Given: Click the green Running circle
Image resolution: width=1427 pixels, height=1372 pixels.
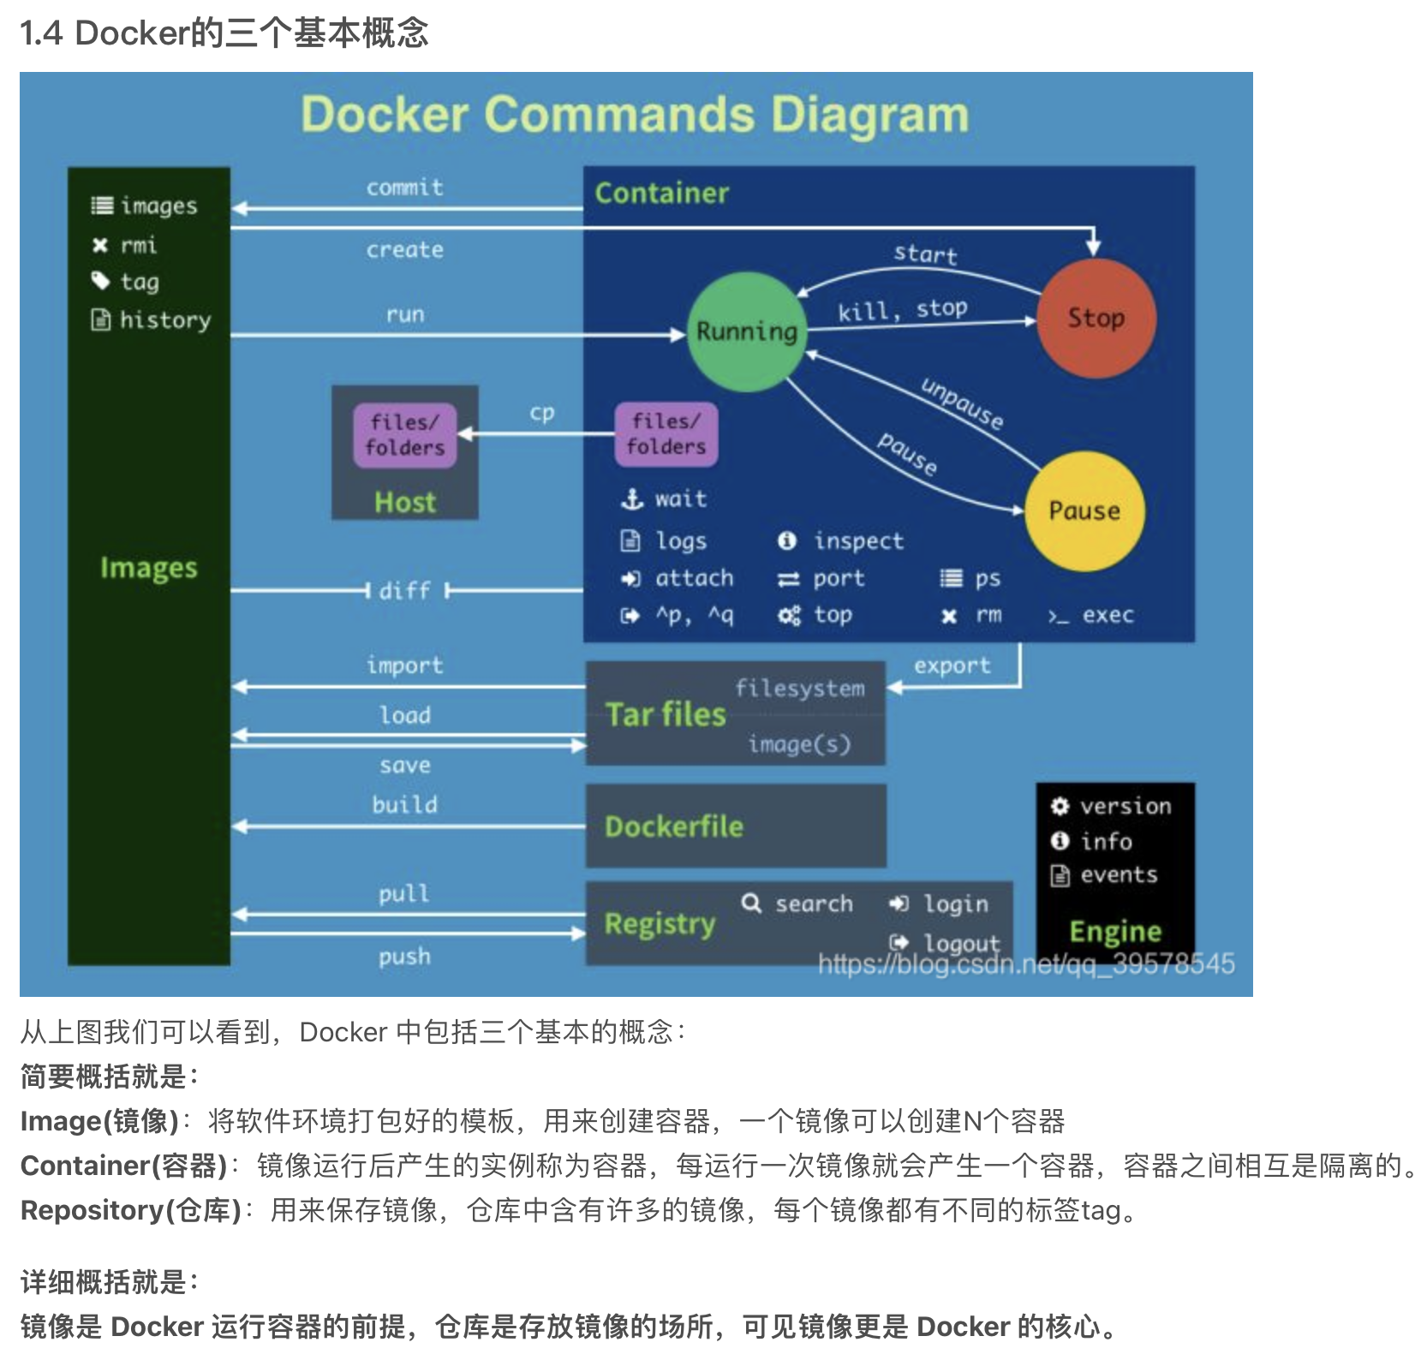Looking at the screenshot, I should pos(746,331).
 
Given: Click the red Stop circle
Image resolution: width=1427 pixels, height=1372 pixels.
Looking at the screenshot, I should pos(1096,318).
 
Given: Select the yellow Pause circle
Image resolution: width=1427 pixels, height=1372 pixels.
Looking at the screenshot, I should pos(1084,510).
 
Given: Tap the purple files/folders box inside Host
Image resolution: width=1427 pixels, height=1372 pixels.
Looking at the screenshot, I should pos(405,435).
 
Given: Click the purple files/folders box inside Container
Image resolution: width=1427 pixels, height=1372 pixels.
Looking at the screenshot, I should pos(666,434).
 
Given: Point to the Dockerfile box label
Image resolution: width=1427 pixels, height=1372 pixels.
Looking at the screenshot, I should pos(674,826).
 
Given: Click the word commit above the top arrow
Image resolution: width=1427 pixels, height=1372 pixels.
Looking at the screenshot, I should pos(404,188).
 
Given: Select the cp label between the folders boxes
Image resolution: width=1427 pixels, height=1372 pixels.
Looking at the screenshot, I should pos(541,413).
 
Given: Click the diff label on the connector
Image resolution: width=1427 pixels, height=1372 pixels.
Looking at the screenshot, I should pos(404,590).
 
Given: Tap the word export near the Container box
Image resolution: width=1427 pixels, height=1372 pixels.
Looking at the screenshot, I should pos(952,665).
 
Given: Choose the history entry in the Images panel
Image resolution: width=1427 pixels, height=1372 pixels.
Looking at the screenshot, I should pos(164,320).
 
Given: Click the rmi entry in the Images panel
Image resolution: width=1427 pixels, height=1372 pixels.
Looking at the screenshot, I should pos(138,246).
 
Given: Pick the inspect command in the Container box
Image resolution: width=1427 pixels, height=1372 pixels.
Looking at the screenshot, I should pos(857,541).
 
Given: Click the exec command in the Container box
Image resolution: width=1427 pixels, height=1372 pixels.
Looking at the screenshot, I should pos(1107,615).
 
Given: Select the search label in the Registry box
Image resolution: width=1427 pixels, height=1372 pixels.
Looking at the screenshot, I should pos(813,904).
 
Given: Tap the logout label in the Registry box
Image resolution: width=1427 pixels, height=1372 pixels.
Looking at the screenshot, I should pos(960,943).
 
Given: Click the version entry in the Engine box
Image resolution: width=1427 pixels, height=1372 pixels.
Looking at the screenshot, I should pos(1125,806).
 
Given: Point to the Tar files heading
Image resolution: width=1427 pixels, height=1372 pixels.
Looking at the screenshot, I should pos(666,714).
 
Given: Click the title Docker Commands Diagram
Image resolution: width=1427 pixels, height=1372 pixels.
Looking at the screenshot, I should pos(635,115).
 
